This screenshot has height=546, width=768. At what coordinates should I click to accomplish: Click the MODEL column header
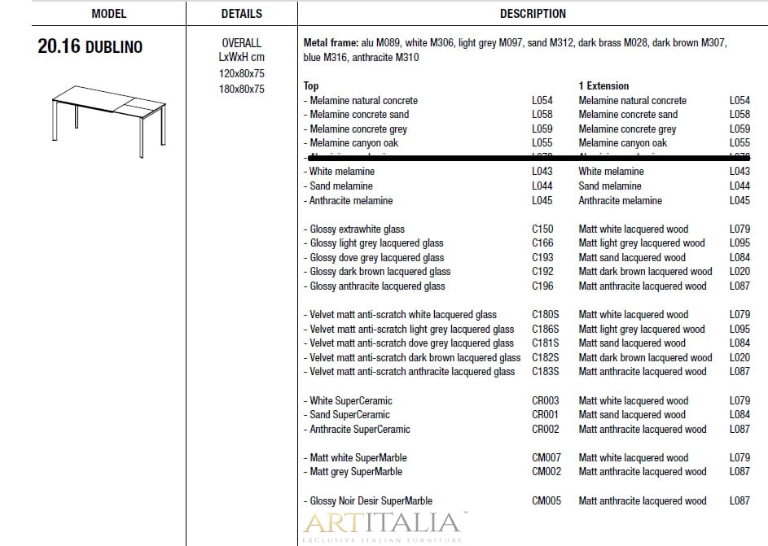tap(108, 14)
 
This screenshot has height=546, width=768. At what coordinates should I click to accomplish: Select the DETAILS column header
tap(242, 14)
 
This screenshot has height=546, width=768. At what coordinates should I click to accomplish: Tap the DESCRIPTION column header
tap(533, 14)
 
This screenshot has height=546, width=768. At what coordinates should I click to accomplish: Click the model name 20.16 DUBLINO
tap(90, 47)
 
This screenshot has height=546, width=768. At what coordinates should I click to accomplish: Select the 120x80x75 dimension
tap(242, 73)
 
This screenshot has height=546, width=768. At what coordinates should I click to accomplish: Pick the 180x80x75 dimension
tap(242, 89)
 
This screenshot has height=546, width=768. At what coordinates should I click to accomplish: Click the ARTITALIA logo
tap(384, 523)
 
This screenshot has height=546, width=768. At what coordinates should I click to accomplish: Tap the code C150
tap(542, 229)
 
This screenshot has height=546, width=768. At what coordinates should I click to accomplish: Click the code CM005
tap(546, 501)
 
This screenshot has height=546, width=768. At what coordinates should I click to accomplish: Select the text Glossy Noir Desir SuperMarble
tap(371, 501)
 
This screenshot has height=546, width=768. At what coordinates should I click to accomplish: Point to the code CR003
tap(546, 401)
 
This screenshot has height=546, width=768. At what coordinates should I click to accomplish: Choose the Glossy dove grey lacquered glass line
tap(376, 258)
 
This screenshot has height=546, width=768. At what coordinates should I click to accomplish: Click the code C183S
tap(546, 372)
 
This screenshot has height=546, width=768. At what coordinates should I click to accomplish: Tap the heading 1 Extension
tap(603, 85)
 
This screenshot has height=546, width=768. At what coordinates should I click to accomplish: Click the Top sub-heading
tap(311, 85)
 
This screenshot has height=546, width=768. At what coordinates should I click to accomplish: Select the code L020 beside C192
tap(739, 272)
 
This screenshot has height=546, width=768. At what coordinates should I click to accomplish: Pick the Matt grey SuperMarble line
tap(356, 472)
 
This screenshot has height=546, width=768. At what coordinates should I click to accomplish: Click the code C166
tap(542, 243)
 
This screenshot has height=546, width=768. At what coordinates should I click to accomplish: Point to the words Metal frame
tap(330, 42)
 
